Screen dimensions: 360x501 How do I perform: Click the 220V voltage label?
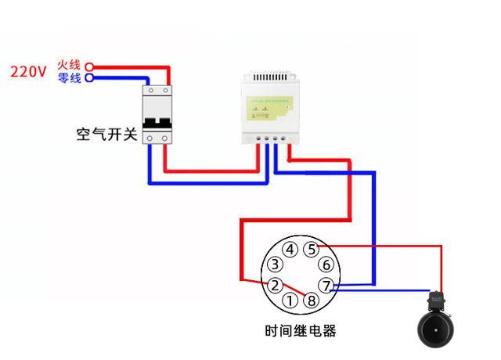pos(28,72)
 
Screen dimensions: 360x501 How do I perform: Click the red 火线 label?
pos(69,65)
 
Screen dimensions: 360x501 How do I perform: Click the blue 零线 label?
pos(69,78)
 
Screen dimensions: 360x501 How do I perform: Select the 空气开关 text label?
pos(106,134)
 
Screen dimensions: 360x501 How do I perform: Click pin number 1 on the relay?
pos(290,301)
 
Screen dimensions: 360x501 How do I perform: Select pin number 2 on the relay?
pos(274,285)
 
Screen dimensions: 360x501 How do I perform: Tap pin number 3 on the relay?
pos(275,265)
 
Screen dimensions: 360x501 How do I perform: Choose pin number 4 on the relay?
pos(290,250)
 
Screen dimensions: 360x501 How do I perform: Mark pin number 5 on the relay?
pos(312,250)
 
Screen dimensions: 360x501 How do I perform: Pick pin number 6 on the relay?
pos(326,265)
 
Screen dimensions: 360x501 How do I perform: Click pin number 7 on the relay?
pos(326,286)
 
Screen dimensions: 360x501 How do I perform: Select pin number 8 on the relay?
pos(312,301)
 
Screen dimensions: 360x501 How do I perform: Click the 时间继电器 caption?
pos(301,330)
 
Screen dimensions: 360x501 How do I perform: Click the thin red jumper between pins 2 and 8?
pos(293,292)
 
